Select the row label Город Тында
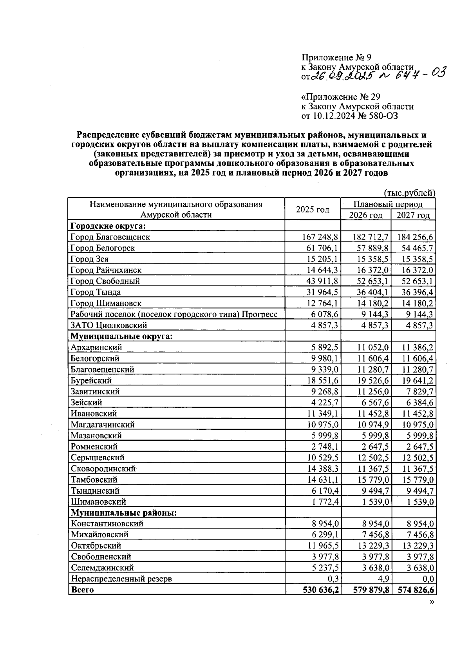96,292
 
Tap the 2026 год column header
365,215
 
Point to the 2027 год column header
413,215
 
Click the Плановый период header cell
388,204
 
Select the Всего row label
82,590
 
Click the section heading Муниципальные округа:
121,336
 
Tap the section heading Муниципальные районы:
123,513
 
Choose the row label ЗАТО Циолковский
108,325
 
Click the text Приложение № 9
336,58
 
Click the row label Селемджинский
102,568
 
